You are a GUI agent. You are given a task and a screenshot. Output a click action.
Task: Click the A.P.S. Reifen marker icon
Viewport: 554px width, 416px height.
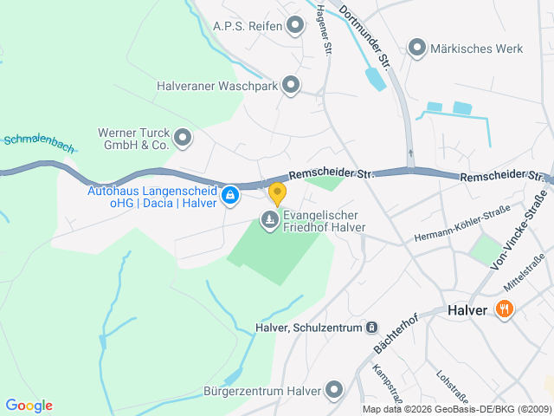coord(295,25)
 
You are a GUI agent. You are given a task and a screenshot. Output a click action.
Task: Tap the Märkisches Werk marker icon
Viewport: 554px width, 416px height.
coord(417,48)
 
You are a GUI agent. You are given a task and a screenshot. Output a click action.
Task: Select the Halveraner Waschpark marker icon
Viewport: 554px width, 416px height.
coord(291,85)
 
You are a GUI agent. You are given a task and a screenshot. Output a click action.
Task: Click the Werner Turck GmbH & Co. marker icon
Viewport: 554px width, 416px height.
coord(183,137)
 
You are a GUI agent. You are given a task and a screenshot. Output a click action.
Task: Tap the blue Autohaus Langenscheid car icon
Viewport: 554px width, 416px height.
coord(229,197)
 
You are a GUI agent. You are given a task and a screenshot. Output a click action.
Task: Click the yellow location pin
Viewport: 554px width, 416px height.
coord(277,193)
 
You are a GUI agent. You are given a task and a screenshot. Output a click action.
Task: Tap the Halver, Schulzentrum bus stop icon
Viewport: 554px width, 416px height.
coord(370,328)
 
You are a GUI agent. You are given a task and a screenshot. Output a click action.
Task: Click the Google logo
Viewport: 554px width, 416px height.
coord(29,406)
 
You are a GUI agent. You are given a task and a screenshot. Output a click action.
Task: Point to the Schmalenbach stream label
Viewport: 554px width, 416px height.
coord(38,143)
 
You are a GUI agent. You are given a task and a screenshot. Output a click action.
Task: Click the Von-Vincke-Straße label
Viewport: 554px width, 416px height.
coord(519,230)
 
